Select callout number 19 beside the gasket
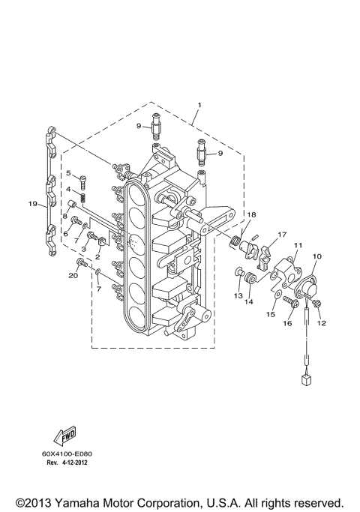click(33, 203)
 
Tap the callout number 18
click(252, 214)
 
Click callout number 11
click(298, 246)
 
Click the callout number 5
click(67, 174)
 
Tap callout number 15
click(271, 315)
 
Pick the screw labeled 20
click(81, 263)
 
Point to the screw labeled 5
click(82, 178)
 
